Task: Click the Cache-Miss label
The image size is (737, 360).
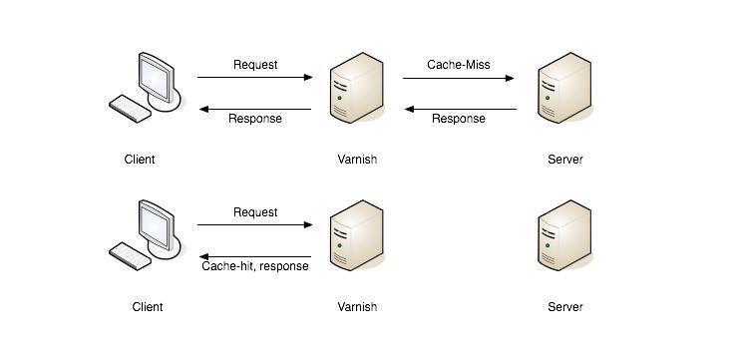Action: pos(460,65)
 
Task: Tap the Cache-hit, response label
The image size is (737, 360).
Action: pos(255,266)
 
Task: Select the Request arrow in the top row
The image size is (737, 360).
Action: pos(255,77)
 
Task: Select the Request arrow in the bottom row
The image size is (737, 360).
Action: pos(255,224)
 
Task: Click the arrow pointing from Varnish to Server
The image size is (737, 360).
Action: pos(460,77)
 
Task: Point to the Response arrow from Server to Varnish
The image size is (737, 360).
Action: pos(460,107)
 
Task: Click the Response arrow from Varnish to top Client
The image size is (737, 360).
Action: pos(255,107)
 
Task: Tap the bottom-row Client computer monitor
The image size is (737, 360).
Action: pos(160,224)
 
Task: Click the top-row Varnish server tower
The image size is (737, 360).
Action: pos(356,90)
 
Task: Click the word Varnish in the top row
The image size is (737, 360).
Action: pos(357,160)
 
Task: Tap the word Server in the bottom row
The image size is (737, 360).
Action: pos(565,307)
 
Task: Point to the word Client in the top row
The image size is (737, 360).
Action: pos(140,160)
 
